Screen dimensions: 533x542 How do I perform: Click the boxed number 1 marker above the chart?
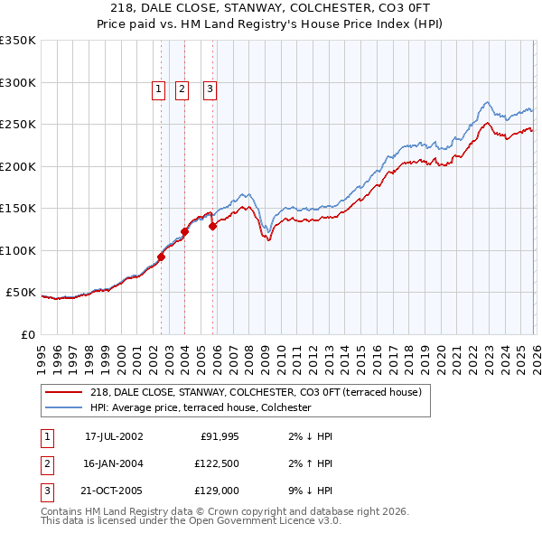tap(158, 89)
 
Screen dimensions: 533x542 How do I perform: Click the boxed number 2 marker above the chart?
tap(182, 89)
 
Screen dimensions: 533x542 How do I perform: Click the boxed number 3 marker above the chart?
tap(210, 89)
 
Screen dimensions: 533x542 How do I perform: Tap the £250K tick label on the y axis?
tap(18, 125)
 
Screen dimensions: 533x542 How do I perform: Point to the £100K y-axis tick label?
tap(18, 251)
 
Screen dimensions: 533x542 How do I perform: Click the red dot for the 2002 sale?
tap(162, 257)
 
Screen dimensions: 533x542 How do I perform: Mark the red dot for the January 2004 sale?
tap(185, 231)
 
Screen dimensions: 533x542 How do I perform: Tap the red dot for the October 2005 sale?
tap(213, 227)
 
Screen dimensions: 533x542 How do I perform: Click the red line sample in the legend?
tap(64, 392)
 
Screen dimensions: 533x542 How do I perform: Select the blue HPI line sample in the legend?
tap(64, 407)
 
